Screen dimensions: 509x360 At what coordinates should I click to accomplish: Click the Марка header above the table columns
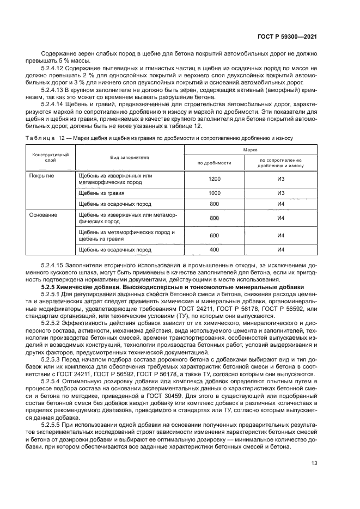tap(250, 149)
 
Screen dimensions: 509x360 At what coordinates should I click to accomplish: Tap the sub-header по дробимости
tap(214, 162)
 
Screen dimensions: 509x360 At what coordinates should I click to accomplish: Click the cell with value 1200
tap(214, 179)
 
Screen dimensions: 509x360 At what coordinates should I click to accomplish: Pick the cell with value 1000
tap(214, 193)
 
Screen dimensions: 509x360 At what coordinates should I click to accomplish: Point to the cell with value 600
tap(214, 236)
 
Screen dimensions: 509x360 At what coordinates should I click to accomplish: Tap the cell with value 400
tap(214, 250)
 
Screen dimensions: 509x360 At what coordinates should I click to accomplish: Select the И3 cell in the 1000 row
tap(282, 193)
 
